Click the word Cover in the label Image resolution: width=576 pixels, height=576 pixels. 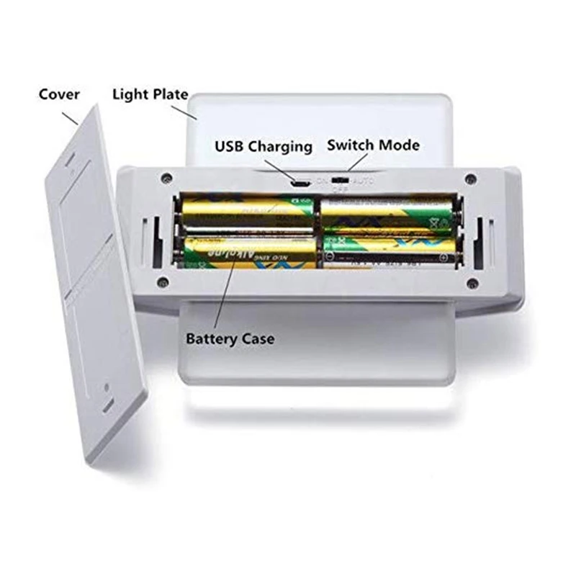pos(59,94)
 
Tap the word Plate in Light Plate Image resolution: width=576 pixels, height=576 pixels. pos(170,94)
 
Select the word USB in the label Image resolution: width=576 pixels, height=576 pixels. pos(230,146)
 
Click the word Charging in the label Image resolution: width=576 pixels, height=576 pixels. pos(281,147)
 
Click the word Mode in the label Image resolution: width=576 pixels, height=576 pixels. pos(400,145)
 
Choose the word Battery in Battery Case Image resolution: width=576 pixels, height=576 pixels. pos(212,338)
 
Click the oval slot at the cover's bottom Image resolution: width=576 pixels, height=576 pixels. pos(107,407)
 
